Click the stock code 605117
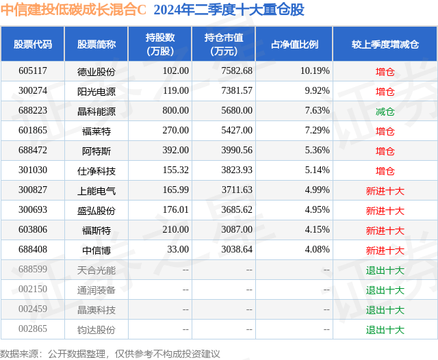tap(33, 71)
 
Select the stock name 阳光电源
tap(96, 91)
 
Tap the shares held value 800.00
tap(176, 111)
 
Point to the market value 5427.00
tap(237, 131)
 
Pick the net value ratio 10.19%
tap(315, 71)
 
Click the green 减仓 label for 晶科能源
tap(385, 112)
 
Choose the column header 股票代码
tap(33, 44)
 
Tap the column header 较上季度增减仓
tap(385, 44)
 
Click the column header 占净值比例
tap(294, 44)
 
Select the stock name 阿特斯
tap(96, 151)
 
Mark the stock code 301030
tap(33, 170)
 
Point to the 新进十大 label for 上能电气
tap(385, 191)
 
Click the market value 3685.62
tap(237, 209)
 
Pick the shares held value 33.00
tap(178, 249)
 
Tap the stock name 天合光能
tap(96, 270)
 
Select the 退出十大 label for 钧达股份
tap(385, 330)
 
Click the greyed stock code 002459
tap(33, 309)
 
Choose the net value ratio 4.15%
tap(318, 229)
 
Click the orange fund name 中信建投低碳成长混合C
tap(73, 10)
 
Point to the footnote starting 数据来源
tap(109, 354)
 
